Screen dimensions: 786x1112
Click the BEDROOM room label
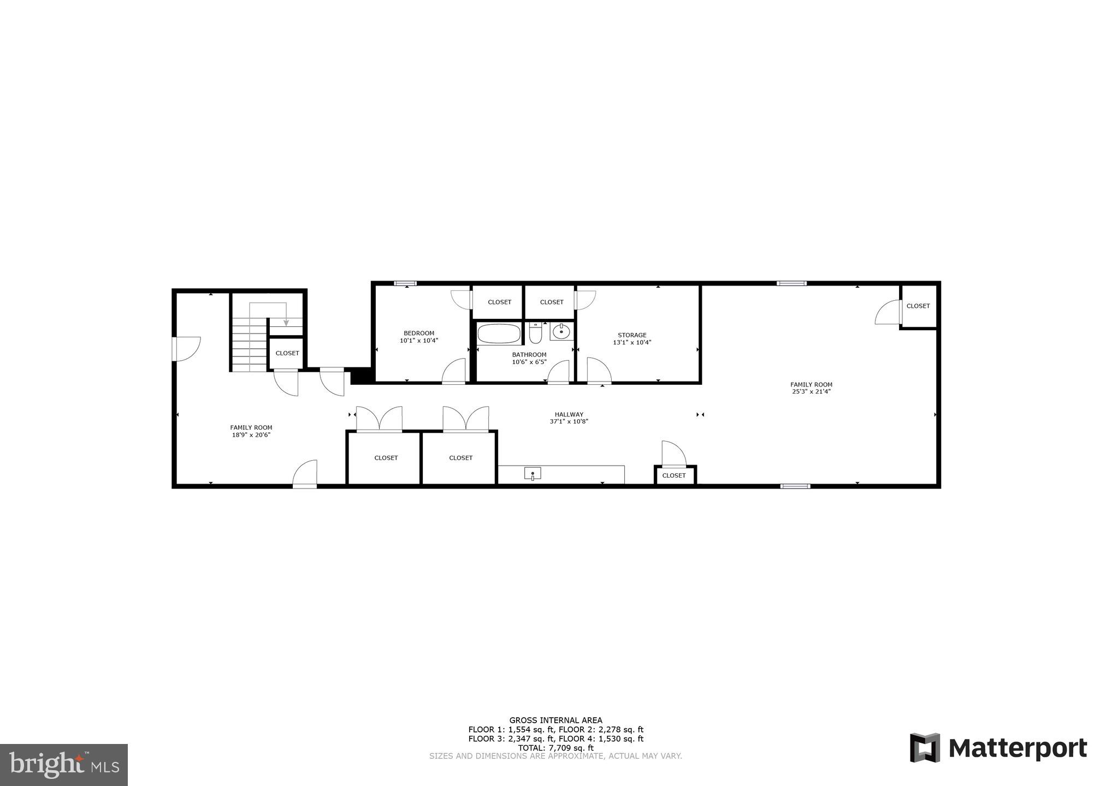point(419,333)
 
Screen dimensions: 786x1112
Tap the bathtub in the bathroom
point(499,334)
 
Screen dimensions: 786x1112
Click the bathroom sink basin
point(561,331)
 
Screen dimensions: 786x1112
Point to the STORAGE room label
point(632,335)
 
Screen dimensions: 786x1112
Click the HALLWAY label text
point(569,414)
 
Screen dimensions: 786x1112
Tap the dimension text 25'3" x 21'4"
point(811,391)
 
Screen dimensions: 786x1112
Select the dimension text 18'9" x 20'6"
point(251,435)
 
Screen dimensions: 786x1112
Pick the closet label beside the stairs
point(287,353)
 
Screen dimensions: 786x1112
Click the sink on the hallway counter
point(533,474)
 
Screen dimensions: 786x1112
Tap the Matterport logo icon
point(925,748)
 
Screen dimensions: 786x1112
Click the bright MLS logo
point(64,765)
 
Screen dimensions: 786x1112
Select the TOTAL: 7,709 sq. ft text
point(555,748)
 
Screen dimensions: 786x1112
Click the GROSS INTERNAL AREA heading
point(555,720)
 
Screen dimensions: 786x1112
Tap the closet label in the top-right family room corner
point(918,306)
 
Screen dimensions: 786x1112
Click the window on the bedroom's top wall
point(405,283)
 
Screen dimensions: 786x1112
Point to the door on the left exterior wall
point(175,349)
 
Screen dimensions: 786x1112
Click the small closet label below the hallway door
point(673,475)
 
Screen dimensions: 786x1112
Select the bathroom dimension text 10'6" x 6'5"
point(529,362)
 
